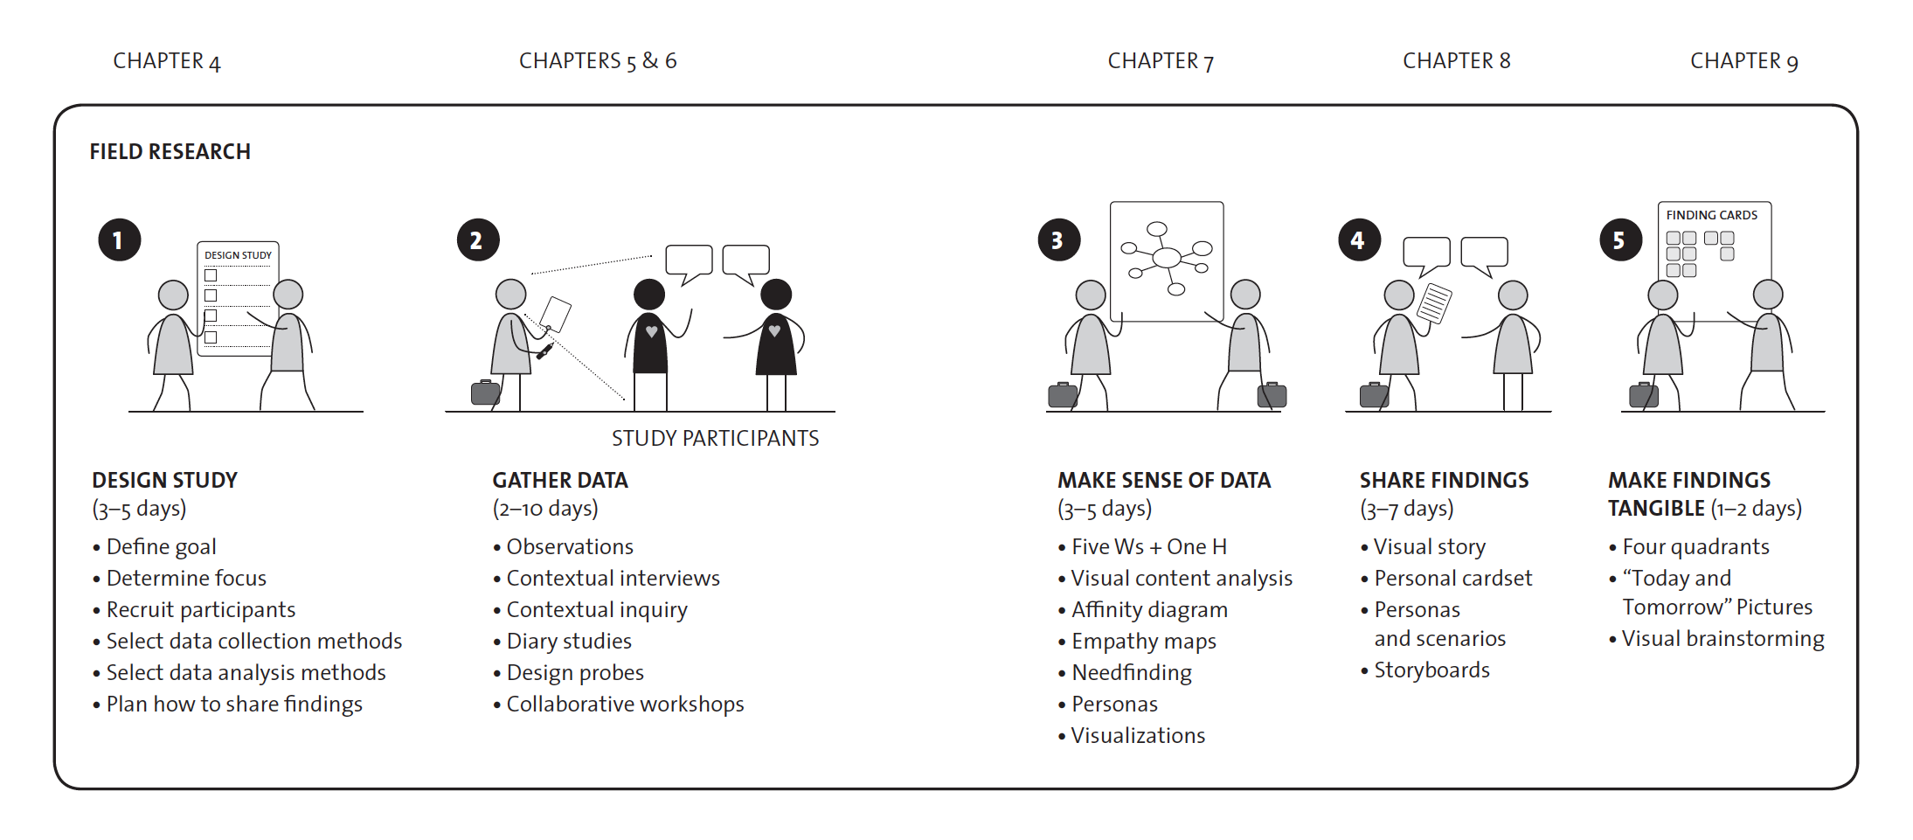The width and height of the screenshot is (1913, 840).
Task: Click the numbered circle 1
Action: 119,240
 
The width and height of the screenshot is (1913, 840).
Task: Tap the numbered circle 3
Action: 1058,240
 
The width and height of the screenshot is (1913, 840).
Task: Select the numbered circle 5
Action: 1620,240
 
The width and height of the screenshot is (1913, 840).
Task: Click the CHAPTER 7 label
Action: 1161,61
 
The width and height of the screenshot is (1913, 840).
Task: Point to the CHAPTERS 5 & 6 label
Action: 598,61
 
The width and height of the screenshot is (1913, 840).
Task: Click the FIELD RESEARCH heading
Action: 170,152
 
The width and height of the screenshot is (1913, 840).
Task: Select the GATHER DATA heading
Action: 560,480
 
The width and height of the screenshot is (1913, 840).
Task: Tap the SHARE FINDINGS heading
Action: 1444,480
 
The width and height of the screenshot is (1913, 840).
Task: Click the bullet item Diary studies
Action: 568,642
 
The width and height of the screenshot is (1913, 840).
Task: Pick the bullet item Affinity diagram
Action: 1149,610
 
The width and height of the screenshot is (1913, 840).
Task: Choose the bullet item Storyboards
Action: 1431,670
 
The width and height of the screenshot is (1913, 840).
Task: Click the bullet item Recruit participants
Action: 200,610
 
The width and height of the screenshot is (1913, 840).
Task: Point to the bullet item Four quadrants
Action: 1695,547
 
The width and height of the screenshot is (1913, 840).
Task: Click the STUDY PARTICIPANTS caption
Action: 715,439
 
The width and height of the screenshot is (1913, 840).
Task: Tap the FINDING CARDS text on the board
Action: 1711,215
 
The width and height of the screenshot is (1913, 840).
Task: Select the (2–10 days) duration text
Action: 545,509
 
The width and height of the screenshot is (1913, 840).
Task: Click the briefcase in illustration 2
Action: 485,392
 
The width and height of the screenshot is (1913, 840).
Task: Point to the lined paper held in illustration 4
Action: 1433,302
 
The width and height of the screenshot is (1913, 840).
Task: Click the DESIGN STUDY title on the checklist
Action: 238,255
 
